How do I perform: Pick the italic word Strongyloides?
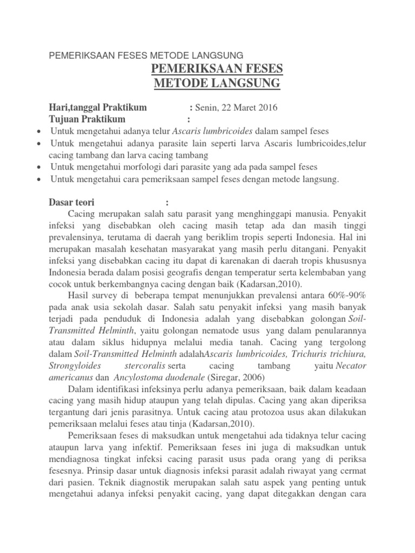[x=76, y=366]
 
